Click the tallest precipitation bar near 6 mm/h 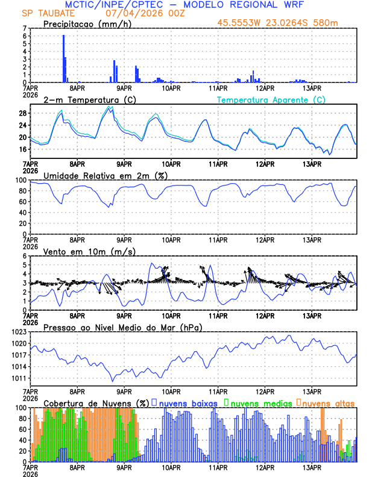(x=63, y=58)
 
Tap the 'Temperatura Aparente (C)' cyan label (x=271, y=99)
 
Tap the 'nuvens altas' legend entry (x=329, y=402)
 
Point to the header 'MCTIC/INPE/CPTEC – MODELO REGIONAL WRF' (x=184, y=5)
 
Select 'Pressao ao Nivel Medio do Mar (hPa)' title (x=123, y=327)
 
